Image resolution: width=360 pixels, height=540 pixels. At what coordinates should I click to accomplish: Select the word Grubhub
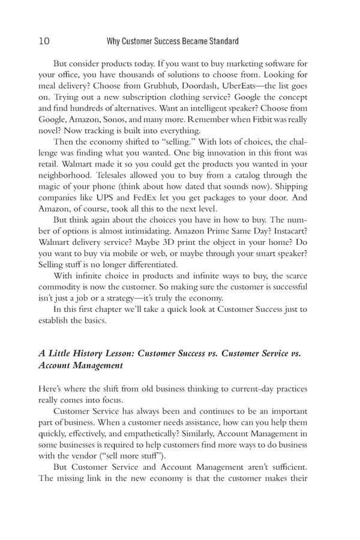tap(134, 86)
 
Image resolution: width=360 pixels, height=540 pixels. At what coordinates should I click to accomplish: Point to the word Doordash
tap(179, 86)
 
